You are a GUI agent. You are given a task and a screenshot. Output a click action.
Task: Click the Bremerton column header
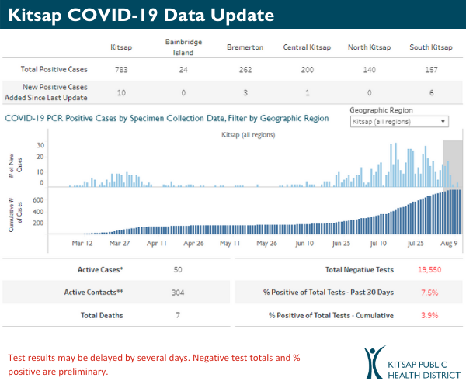(x=245, y=47)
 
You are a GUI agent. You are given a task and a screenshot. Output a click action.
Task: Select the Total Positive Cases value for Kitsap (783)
(x=121, y=69)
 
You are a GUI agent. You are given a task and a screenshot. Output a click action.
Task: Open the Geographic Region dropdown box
(x=399, y=121)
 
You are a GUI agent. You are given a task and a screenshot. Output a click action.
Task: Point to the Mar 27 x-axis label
(x=120, y=243)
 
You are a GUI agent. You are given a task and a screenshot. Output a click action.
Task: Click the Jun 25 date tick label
(x=343, y=243)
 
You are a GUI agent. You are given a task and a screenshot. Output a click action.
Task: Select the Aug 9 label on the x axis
(x=441, y=243)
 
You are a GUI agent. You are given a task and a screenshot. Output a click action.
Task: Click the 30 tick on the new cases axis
(x=40, y=145)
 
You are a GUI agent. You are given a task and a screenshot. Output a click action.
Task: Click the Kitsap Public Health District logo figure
(x=376, y=361)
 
